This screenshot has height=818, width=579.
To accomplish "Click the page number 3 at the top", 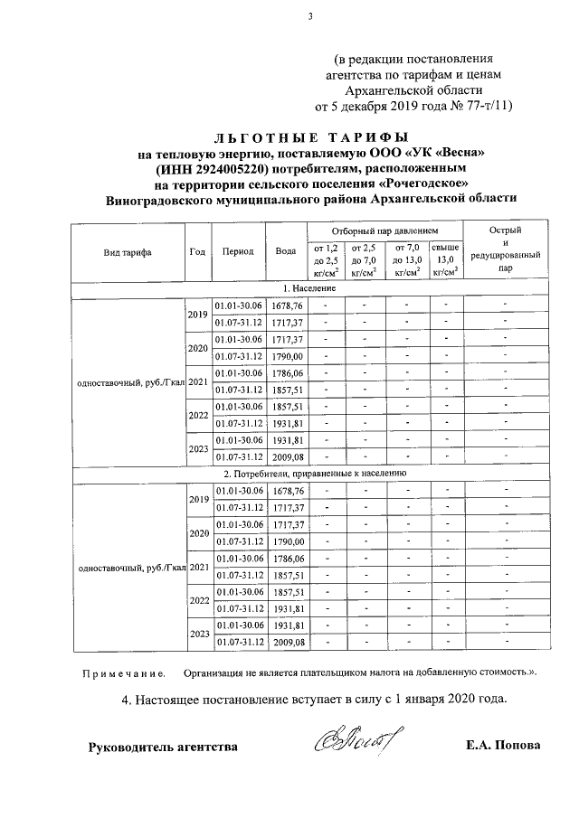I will [308, 14].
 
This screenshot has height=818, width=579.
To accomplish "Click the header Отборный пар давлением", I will [384, 230].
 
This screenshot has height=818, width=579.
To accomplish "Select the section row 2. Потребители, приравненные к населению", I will [313, 473].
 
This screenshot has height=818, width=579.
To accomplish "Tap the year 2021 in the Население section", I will [197, 381].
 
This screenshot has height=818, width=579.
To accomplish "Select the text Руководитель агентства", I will [162, 747].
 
